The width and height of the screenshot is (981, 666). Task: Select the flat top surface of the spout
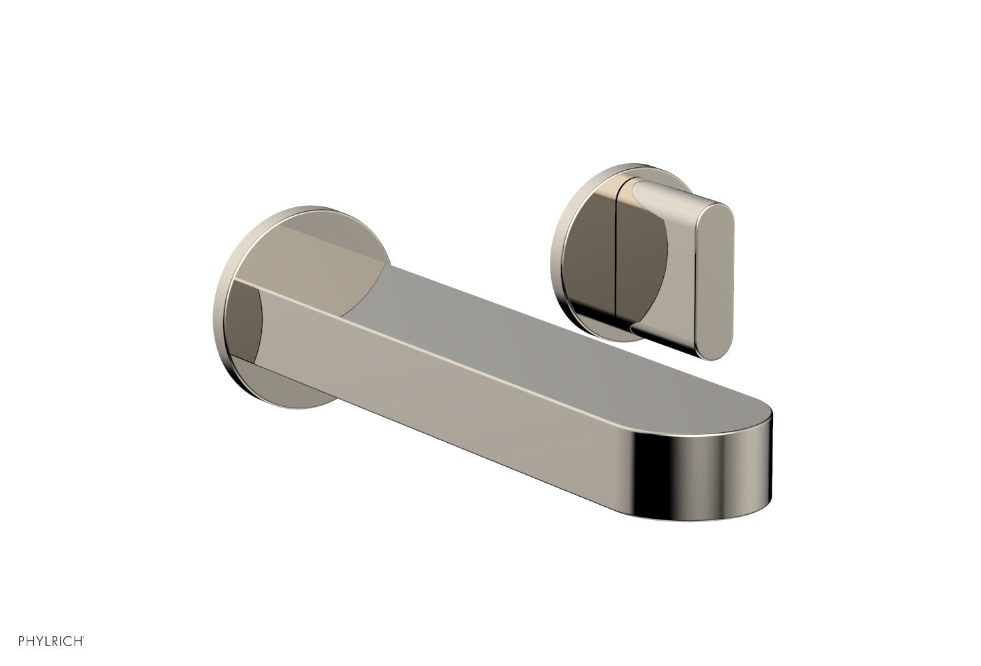[x=533, y=333]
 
